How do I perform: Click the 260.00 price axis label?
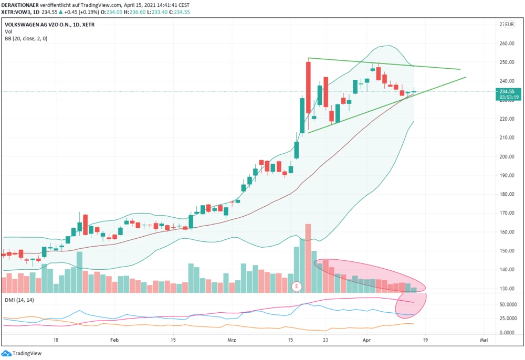click(x=506, y=44)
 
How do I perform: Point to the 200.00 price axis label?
click(x=506, y=157)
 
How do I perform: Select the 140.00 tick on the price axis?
click(x=506, y=270)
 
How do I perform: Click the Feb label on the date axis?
click(x=114, y=340)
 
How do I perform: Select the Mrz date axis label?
click(x=232, y=340)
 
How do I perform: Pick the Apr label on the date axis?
click(x=367, y=340)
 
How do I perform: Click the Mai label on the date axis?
click(x=484, y=340)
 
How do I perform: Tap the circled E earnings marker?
click(x=297, y=287)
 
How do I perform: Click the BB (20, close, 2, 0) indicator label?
click(x=26, y=38)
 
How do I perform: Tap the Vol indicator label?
click(x=8, y=31)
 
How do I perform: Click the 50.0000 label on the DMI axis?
click(x=507, y=304)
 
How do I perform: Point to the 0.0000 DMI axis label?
click(x=508, y=333)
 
